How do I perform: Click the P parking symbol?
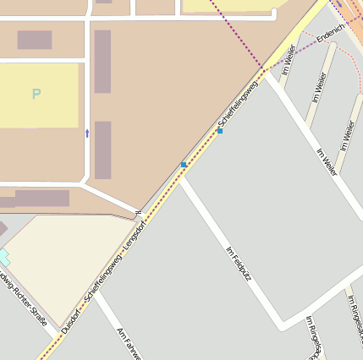click(36, 94)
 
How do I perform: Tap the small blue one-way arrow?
click(87, 133)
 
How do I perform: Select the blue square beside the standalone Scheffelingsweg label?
click(220, 131)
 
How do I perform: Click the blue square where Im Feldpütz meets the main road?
click(184, 164)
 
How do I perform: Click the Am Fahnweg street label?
click(129, 341)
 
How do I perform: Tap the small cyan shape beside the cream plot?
click(3, 255)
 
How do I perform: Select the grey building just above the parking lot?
click(35, 40)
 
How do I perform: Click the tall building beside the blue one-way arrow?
click(102, 150)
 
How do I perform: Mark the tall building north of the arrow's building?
click(102, 61)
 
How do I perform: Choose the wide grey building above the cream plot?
click(41, 198)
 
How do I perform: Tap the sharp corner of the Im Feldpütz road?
click(283, 325)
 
